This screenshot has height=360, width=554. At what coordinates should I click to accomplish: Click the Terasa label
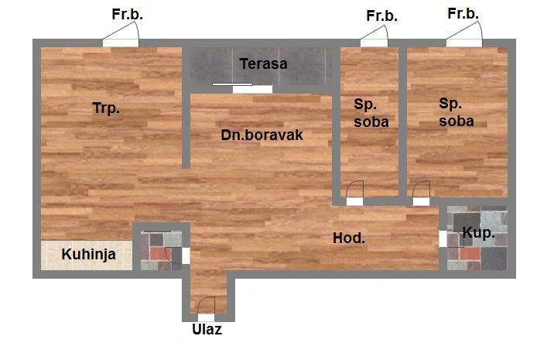(263, 63)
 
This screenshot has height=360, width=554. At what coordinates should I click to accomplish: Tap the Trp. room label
(106, 108)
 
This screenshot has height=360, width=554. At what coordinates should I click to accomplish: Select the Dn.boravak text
(262, 135)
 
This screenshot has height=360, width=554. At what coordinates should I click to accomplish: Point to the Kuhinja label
(89, 254)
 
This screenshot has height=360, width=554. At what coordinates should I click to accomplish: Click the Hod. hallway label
(349, 238)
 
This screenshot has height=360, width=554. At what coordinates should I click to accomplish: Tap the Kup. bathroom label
(478, 233)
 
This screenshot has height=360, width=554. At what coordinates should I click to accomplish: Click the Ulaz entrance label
(207, 329)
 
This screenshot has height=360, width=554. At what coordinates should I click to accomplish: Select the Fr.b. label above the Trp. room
(127, 14)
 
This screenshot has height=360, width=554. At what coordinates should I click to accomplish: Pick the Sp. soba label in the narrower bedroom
(371, 113)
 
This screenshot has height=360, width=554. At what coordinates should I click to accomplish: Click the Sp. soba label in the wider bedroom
(457, 112)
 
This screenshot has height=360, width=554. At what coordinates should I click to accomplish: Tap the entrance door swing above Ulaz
(207, 306)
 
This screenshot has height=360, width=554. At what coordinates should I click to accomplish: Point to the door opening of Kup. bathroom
(443, 238)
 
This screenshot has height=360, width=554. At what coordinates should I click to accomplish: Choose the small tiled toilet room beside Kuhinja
(161, 250)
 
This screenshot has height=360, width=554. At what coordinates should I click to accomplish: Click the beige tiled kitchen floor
(87, 255)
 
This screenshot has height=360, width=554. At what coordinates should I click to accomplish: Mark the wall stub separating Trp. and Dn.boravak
(186, 107)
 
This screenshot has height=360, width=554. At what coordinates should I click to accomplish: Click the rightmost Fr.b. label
(463, 13)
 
